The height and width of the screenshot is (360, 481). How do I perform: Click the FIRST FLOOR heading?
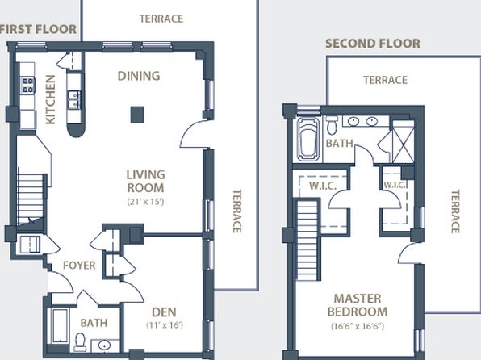coord(38,30)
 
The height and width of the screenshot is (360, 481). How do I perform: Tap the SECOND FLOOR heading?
coord(373,44)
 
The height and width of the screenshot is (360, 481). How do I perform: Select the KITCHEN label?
coord(51,100)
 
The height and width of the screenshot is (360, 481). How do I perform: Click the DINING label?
coord(139,76)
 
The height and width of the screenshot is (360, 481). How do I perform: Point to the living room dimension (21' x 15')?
coord(146,202)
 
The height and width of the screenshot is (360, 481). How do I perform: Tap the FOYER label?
coord(79,266)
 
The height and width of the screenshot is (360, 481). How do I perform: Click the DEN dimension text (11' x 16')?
coord(165,325)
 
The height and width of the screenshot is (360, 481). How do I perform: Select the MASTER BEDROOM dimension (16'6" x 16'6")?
coord(358,326)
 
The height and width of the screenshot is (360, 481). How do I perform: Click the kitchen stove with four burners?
coord(27,86)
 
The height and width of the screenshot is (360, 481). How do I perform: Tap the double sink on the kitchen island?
coord(73,100)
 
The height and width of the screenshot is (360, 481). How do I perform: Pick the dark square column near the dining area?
coord(137,115)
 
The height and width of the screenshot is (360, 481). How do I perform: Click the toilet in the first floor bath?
coord(81,342)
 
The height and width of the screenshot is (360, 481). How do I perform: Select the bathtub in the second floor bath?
coord(308,140)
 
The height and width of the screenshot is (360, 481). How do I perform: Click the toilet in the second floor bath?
coord(332,126)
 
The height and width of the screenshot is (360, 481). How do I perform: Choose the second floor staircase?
coord(307,240)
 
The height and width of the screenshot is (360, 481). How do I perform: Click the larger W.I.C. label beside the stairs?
coord(323,186)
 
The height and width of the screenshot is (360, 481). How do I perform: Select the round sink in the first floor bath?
coord(104,345)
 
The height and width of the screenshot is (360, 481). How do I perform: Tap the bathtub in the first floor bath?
coord(60,326)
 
